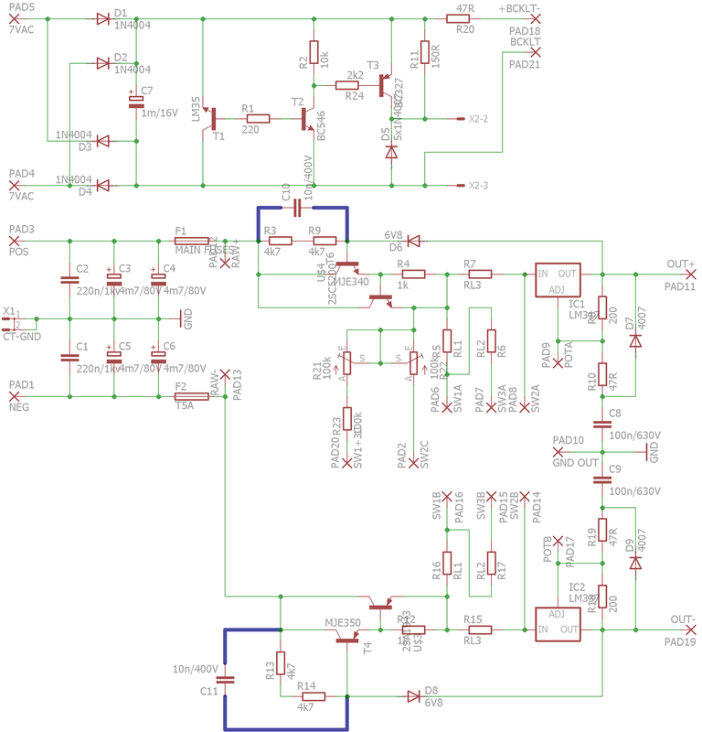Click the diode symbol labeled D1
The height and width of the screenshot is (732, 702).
pyautogui.click(x=102, y=19)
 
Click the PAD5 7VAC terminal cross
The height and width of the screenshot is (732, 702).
pyautogui.click(x=13, y=19)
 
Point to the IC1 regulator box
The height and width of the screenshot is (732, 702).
pyautogui.click(x=557, y=281)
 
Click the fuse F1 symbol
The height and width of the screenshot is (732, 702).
pyautogui.click(x=192, y=241)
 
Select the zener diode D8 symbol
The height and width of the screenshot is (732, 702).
pyautogui.click(x=413, y=695)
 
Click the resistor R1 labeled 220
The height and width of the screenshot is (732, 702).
pyautogui.click(x=257, y=118)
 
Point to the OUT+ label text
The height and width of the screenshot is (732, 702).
pyautogui.click(x=680, y=264)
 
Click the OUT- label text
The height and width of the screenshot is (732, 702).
pyautogui.click(x=682, y=619)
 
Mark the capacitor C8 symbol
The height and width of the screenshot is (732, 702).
pyautogui.click(x=601, y=424)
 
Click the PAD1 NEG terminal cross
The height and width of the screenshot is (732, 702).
pyautogui.click(x=13, y=397)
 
